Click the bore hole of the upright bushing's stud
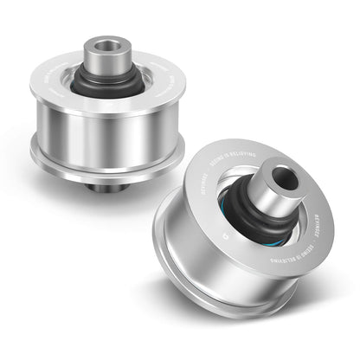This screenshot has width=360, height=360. (106, 43)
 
